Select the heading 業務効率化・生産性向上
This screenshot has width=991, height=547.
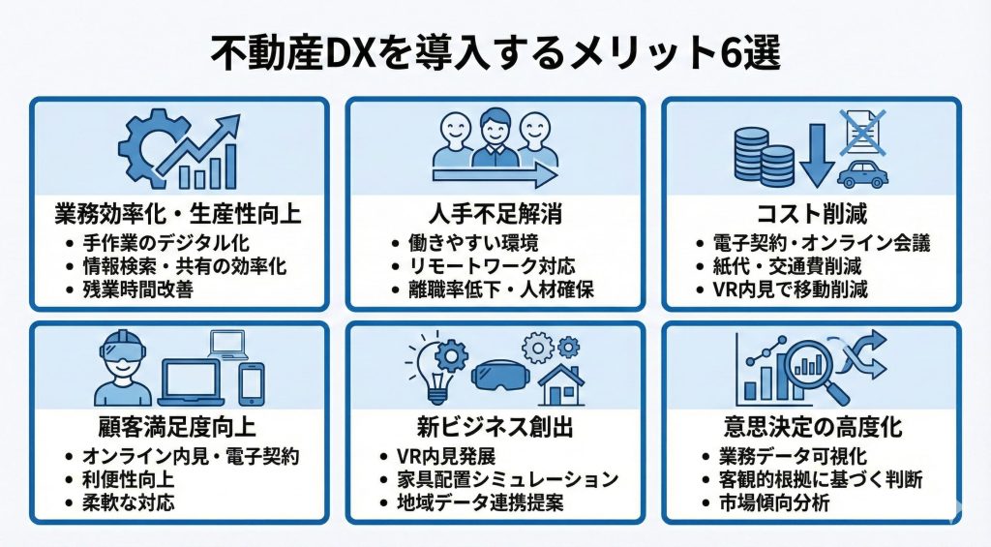[x=180, y=212]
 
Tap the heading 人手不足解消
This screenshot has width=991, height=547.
[x=495, y=212]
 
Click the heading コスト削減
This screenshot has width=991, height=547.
[x=810, y=212]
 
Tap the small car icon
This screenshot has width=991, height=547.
[x=860, y=174]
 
